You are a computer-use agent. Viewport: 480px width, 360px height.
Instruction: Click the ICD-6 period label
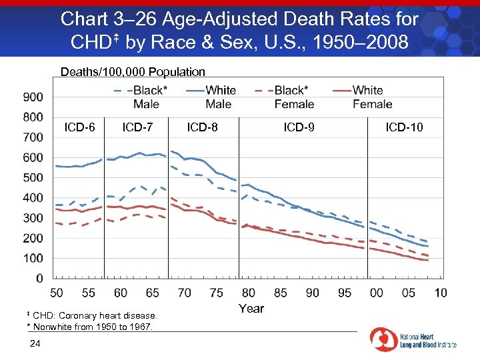tap(79, 127)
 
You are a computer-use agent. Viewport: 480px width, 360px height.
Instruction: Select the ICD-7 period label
tap(137, 127)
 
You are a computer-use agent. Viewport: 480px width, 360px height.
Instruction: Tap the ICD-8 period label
tap(202, 127)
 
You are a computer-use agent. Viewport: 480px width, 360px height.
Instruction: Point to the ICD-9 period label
tap(299, 127)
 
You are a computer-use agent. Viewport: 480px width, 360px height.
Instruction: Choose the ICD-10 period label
tap(404, 127)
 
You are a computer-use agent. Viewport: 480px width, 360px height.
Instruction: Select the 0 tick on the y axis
tap(39, 279)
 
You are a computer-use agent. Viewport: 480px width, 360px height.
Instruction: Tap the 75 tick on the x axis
tap(217, 293)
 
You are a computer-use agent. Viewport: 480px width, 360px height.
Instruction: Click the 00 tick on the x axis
tap(377, 293)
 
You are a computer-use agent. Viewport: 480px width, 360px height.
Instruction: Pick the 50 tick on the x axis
tap(57, 293)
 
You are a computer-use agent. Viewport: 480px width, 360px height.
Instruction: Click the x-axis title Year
tap(251, 309)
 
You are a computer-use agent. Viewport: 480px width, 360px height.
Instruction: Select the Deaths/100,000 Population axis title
tap(133, 71)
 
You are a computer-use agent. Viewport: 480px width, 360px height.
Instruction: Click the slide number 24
tap(36, 343)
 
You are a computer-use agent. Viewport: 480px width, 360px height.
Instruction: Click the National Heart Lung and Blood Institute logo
tap(413, 339)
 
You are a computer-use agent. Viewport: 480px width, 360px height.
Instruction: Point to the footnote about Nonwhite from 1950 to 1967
tap(89, 326)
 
